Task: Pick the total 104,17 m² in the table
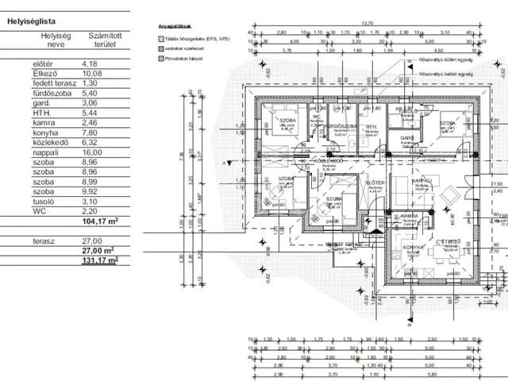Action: point(100,221)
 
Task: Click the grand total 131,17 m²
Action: point(100,259)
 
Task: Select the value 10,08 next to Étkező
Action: point(90,76)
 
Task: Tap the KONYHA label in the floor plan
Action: point(414,247)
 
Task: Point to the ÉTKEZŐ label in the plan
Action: point(452,241)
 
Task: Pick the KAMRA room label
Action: point(410,216)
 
